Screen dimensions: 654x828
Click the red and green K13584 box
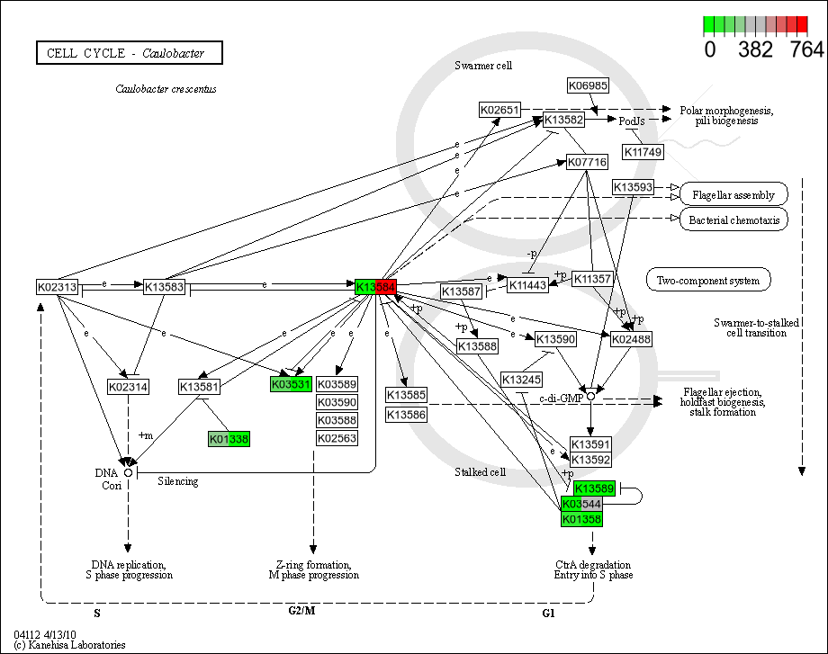coord(376,287)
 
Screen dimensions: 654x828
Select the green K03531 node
coord(291,384)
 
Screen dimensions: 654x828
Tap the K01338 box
coord(229,439)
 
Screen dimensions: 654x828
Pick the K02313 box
coord(58,287)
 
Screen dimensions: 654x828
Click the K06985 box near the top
coord(589,85)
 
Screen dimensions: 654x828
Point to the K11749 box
coord(643,152)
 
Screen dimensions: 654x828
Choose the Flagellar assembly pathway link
coord(733,193)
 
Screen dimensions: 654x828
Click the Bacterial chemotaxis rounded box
coord(733,219)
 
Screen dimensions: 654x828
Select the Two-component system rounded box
coord(708,280)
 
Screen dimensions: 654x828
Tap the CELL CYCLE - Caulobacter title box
coord(130,53)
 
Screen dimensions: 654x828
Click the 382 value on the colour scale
coord(754,50)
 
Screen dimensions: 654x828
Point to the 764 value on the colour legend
coord(805,50)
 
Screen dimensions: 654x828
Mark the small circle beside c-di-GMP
coord(590,397)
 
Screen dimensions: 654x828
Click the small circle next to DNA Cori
coord(129,471)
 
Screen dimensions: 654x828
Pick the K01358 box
coord(581,519)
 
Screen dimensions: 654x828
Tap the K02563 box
coord(337,438)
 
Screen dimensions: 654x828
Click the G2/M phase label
coord(301,611)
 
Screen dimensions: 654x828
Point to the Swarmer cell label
coord(484,66)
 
